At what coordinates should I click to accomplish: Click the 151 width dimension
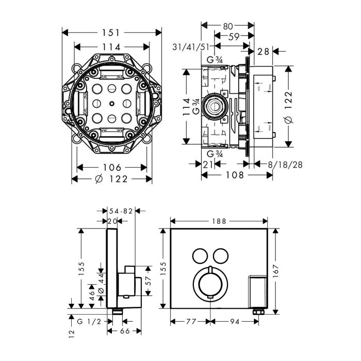(112, 32)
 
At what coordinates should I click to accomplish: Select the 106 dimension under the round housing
(111, 168)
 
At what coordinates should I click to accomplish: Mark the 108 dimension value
(236, 176)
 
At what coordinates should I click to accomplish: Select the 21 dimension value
(207, 165)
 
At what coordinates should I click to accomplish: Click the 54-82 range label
(121, 210)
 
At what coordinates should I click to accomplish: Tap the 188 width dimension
(219, 221)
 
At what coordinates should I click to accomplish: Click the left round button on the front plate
(199, 255)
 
